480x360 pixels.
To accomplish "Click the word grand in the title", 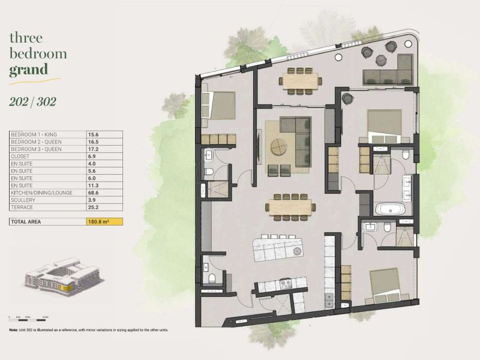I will click(x=28, y=70).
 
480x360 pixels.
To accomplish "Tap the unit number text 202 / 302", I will click(x=33, y=101).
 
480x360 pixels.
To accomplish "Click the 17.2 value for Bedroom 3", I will click(x=94, y=149).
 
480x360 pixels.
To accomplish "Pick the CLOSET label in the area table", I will click(x=22, y=157).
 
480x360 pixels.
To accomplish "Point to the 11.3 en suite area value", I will click(x=94, y=185).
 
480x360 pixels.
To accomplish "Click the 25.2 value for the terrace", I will click(x=94, y=207).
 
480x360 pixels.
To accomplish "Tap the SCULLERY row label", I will click(x=24, y=200).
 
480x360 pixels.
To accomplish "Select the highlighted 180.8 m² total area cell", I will click(x=105, y=222).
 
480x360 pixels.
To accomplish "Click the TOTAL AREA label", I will click(x=28, y=222).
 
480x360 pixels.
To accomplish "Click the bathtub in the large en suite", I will click(x=391, y=210).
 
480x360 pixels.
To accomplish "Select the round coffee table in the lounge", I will click(x=278, y=146).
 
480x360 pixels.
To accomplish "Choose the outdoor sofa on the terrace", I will click(x=388, y=77).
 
